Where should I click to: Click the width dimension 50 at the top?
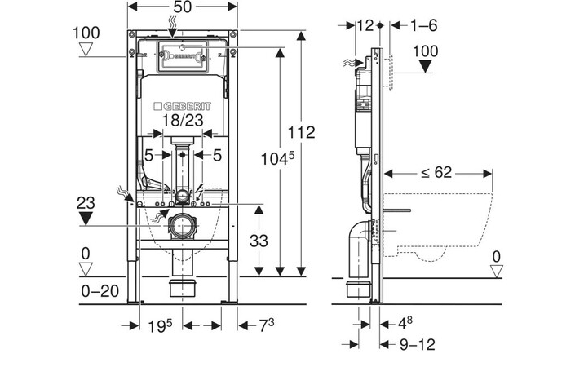point(182,7)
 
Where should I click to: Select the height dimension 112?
point(301,133)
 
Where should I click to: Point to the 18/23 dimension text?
point(182,121)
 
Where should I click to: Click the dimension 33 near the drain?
point(258,242)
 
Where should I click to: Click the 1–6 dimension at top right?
point(422,25)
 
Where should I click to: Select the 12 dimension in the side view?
point(365,25)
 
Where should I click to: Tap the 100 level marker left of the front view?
point(86,33)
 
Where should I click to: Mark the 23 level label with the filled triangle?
point(86,203)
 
